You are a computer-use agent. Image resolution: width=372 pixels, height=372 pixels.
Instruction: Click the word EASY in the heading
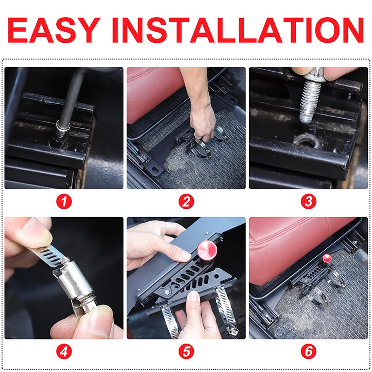click(54, 30)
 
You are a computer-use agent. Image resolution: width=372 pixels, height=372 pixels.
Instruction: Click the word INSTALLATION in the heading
click(238, 30)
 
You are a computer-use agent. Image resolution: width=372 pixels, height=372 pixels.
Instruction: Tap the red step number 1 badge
click(64, 202)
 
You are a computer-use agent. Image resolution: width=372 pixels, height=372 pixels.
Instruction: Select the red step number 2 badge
click(186, 202)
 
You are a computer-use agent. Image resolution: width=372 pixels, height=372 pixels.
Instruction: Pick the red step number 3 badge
click(308, 202)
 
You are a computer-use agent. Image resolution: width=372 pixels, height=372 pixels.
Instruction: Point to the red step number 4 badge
click(64, 352)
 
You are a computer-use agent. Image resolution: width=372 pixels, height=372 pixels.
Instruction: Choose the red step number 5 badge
click(186, 352)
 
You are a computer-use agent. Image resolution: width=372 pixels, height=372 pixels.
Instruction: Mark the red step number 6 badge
click(308, 352)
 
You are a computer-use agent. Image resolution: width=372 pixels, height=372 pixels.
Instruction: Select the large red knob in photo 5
click(207, 251)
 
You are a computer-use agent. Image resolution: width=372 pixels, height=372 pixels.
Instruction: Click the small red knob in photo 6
click(327, 259)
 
